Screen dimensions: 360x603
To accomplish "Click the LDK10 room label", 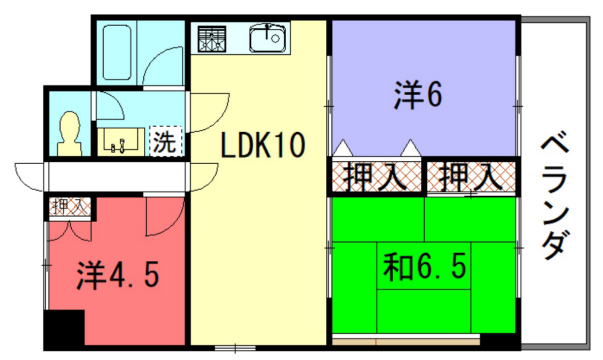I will pyautogui.click(x=263, y=146).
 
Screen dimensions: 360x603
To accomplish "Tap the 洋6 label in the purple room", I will pyautogui.click(x=417, y=96).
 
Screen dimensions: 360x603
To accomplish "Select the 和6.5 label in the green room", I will pyautogui.click(x=425, y=269).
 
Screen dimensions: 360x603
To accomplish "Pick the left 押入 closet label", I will pyautogui.click(x=374, y=179).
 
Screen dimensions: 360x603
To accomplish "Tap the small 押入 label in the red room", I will pyautogui.click(x=69, y=207).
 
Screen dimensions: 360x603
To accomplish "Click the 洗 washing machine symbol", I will pyautogui.click(x=164, y=142).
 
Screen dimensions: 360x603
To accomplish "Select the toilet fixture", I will pyautogui.click(x=71, y=131).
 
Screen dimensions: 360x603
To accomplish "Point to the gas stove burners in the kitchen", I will pyautogui.click(x=212, y=41).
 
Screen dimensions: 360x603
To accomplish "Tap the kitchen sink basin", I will pyautogui.click(x=268, y=41).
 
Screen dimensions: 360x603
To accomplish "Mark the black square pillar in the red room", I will pyautogui.click(x=65, y=329).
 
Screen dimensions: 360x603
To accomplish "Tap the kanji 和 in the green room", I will pyautogui.click(x=397, y=269).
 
